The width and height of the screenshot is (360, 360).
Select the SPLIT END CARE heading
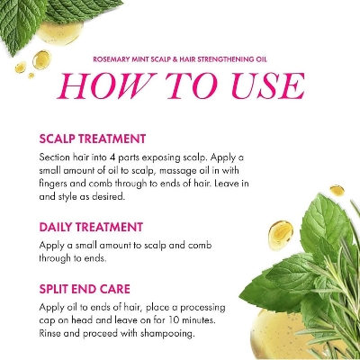(x=88, y=289)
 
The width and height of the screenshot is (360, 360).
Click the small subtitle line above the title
(x=180, y=59)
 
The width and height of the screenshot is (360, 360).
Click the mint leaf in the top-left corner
(x=36, y=22)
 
